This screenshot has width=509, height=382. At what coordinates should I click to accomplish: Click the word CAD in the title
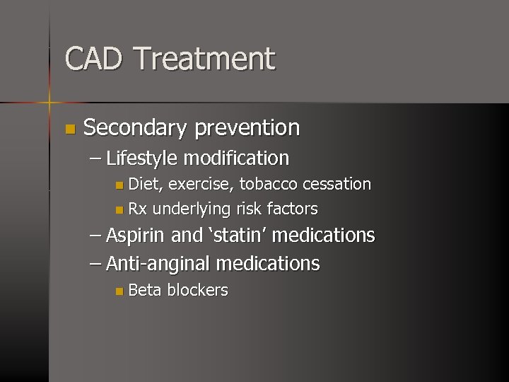[94, 59]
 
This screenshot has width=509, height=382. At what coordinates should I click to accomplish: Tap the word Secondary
[134, 128]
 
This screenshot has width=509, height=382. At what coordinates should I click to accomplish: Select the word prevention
[247, 128]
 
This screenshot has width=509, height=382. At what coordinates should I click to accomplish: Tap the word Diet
[146, 184]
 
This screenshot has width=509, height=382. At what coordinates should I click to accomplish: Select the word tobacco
[269, 184]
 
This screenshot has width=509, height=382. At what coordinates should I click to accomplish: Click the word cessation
[337, 184]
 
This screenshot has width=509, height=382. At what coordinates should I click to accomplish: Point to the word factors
[292, 209]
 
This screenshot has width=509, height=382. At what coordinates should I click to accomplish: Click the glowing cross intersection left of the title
[49, 103]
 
